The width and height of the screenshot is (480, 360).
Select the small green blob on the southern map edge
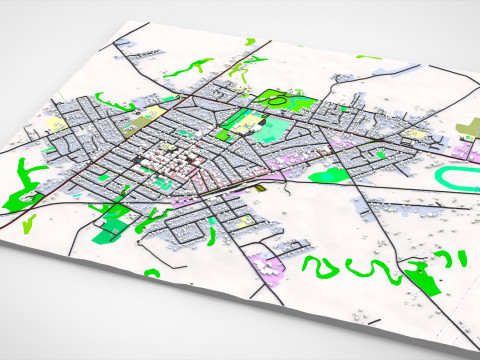(x=153, y=272)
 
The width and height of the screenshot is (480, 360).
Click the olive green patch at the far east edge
(x=468, y=128)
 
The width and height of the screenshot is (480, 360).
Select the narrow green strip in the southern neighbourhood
(x=213, y=236)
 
